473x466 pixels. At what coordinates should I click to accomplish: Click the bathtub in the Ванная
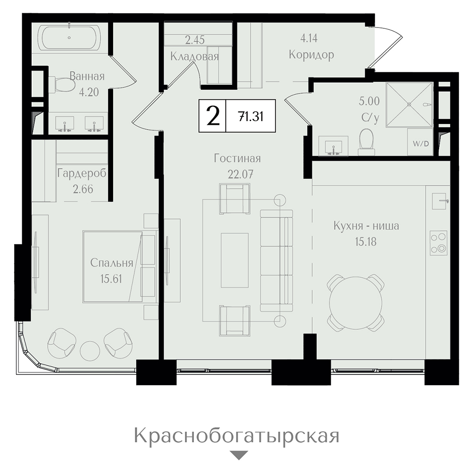tap(70, 38)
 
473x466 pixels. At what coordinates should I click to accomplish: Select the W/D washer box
tap(420, 142)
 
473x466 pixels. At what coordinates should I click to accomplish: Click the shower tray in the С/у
tap(409, 105)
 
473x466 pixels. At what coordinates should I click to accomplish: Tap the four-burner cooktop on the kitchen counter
tap(438, 243)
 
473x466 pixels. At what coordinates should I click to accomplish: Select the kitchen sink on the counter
tap(439, 201)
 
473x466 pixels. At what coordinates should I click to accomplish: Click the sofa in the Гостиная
tap(276, 261)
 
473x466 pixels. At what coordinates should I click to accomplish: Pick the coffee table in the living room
tap(235, 260)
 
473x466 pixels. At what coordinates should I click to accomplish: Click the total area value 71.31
tap(251, 116)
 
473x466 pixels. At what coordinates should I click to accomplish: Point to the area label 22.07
tap(240, 174)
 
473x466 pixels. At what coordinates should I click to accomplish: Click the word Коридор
tap(311, 55)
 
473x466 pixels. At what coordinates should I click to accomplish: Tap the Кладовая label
tap(194, 56)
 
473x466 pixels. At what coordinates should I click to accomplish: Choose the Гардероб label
tap(82, 174)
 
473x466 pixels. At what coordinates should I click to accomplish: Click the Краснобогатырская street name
tap(236, 436)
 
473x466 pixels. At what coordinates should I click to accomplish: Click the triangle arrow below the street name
tap(238, 455)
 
